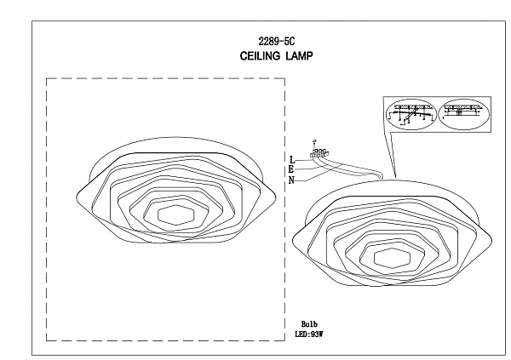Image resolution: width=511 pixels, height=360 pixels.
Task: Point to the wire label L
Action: (291, 159)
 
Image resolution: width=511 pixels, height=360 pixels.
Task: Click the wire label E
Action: (291, 169)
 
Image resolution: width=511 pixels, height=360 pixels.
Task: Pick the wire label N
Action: (291, 180)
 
